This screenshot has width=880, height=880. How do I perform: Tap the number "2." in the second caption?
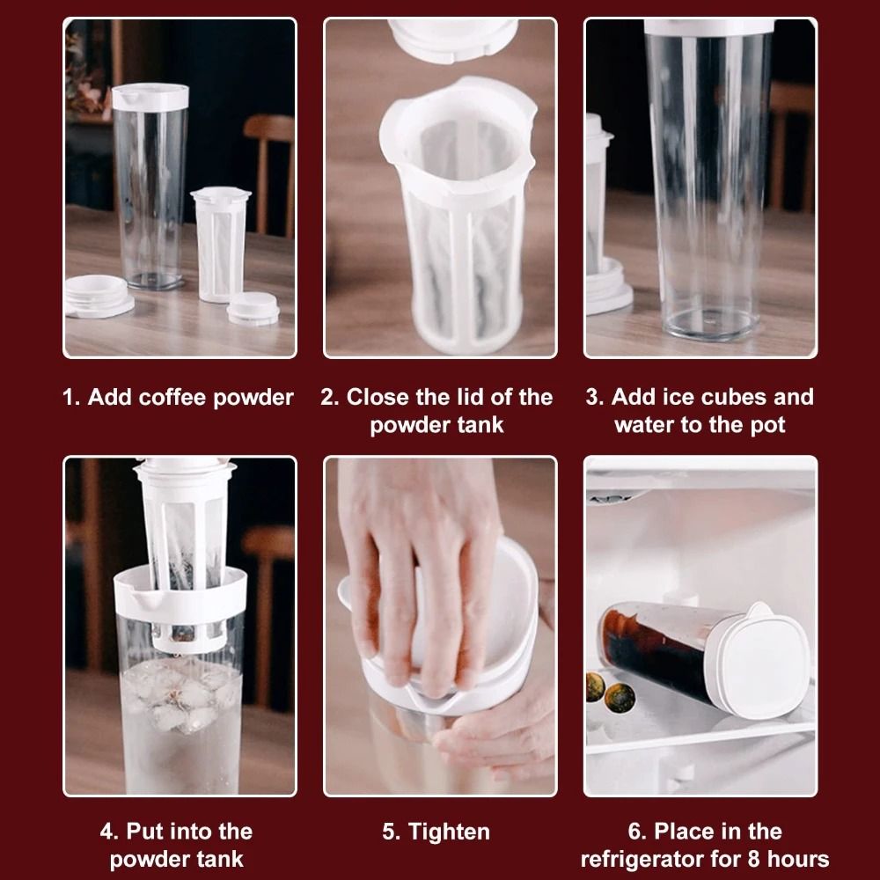tap(330, 398)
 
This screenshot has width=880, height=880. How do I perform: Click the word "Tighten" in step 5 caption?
tap(450, 832)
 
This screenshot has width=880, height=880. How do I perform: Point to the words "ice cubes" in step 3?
tap(722, 398)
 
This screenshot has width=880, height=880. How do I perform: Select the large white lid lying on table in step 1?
tap(98, 294)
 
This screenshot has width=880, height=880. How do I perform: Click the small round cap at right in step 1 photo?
tap(253, 308)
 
